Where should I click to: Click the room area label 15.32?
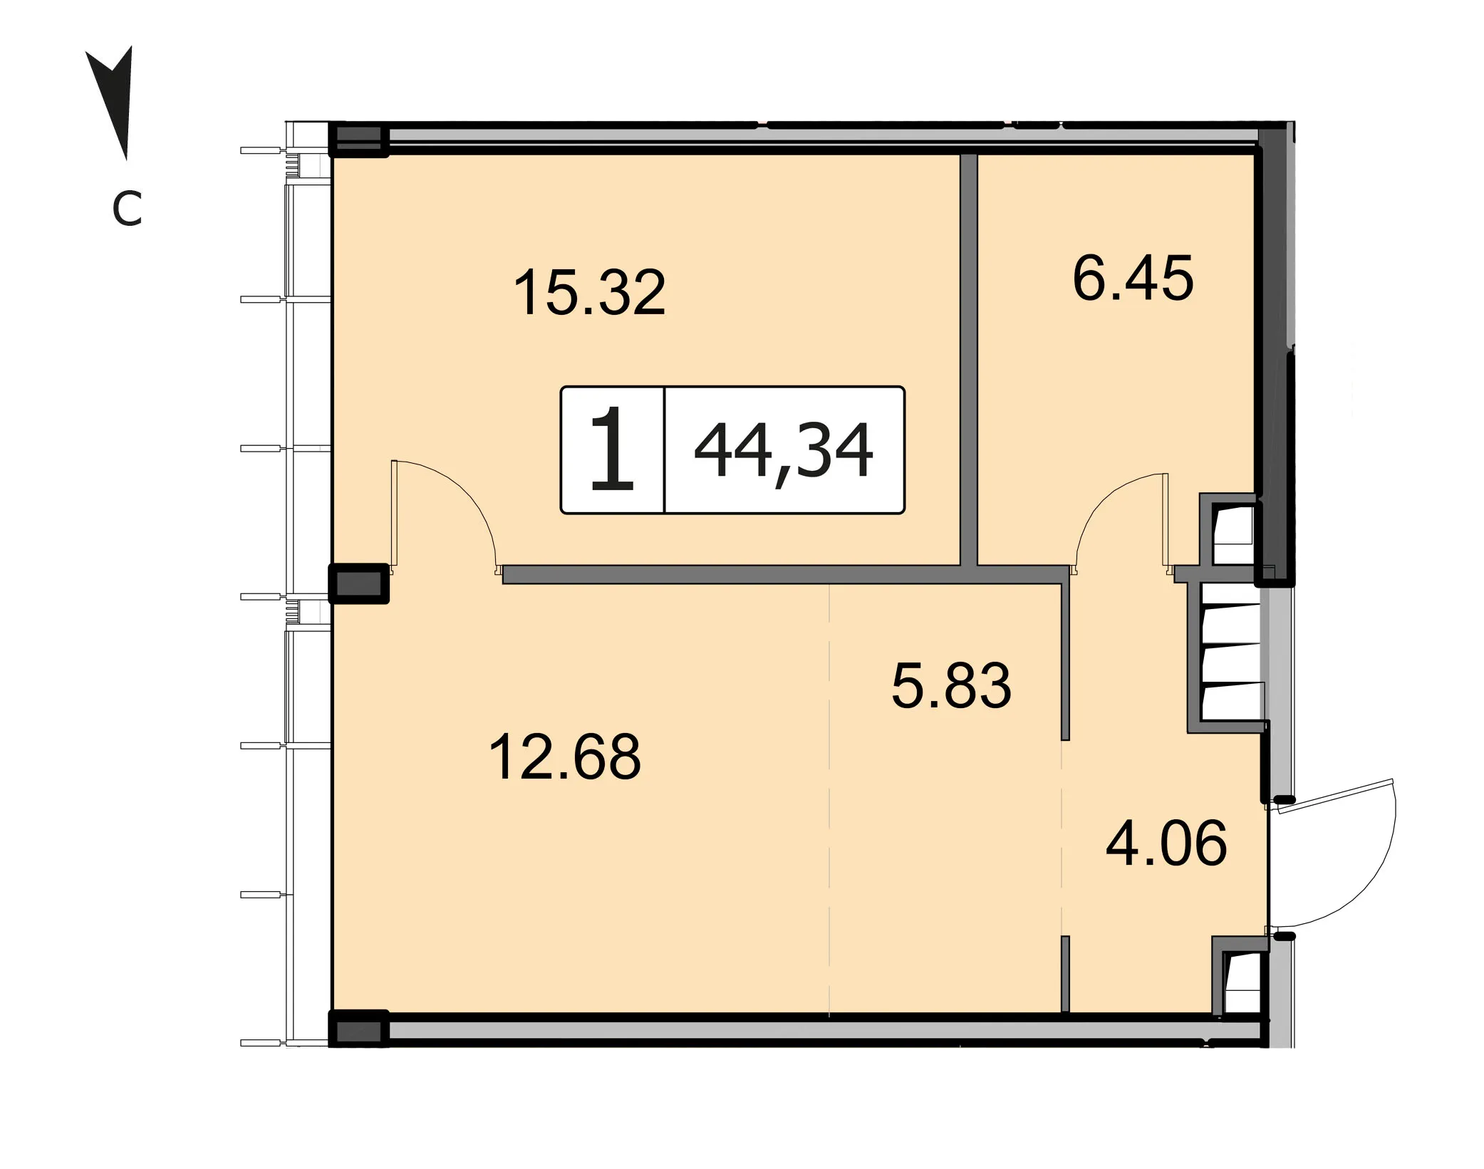589,292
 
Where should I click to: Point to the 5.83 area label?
951,685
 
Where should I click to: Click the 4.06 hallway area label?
1166,843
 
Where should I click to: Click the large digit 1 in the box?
612,450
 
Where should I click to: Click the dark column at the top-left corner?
358,140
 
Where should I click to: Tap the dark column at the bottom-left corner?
358,1029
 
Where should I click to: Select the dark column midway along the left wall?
358,583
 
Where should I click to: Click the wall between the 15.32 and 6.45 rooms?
968,360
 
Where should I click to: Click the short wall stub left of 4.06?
1065,973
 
